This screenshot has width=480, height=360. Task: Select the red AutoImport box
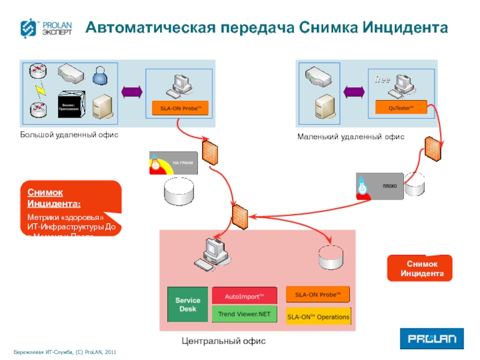point(244,296)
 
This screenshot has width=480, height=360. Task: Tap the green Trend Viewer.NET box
point(244,314)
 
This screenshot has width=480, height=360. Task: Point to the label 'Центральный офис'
point(223,341)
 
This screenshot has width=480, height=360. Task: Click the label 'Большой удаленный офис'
point(70,134)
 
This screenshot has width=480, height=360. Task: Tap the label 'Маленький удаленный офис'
point(351,137)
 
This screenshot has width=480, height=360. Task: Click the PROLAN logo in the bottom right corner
point(431,339)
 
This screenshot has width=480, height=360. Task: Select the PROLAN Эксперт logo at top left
point(47,29)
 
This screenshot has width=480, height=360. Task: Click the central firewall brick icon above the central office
point(239,214)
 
